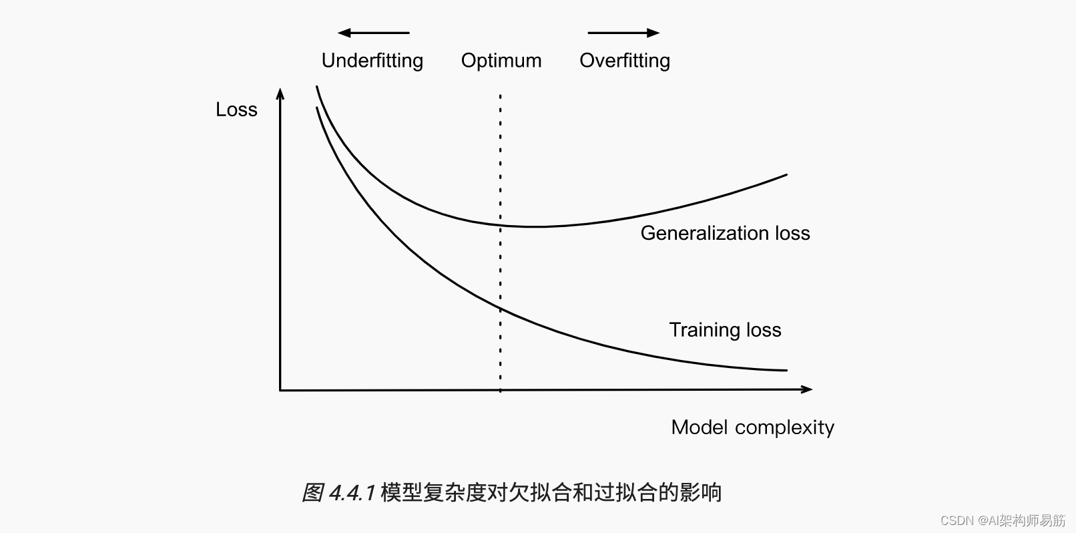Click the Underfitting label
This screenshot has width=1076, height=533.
click(x=372, y=61)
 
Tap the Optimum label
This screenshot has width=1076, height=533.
click(x=501, y=61)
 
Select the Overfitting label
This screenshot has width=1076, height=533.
click(x=625, y=61)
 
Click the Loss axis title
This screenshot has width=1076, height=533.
click(x=236, y=110)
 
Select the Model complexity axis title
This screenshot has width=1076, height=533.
click(x=752, y=427)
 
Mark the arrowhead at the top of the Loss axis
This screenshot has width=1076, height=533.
click(x=280, y=93)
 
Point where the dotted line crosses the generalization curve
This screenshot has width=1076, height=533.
click(x=500, y=224)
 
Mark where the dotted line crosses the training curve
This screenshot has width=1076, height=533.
click(x=500, y=308)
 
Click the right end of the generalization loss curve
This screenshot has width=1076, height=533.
click(x=786, y=175)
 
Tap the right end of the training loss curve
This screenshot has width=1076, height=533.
click(x=786, y=370)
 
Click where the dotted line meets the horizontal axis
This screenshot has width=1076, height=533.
click(x=500, y=389)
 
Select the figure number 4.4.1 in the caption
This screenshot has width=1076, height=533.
click(x=352, y=493)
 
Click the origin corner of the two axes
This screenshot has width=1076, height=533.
click(x=280, y=389)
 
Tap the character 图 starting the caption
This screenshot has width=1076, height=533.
click(x=312, y=493)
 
